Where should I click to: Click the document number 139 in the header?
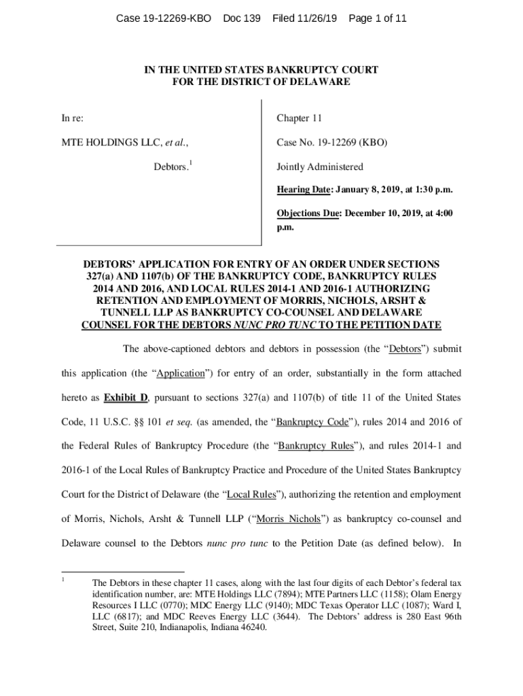(251, 18)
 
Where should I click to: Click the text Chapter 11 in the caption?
(299, 118)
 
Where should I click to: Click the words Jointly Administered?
(319, 167)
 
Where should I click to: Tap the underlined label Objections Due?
(308, 213)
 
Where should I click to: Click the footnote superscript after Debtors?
(191, 163)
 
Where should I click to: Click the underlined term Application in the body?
(181, 373)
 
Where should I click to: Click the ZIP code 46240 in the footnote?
(253, 627)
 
